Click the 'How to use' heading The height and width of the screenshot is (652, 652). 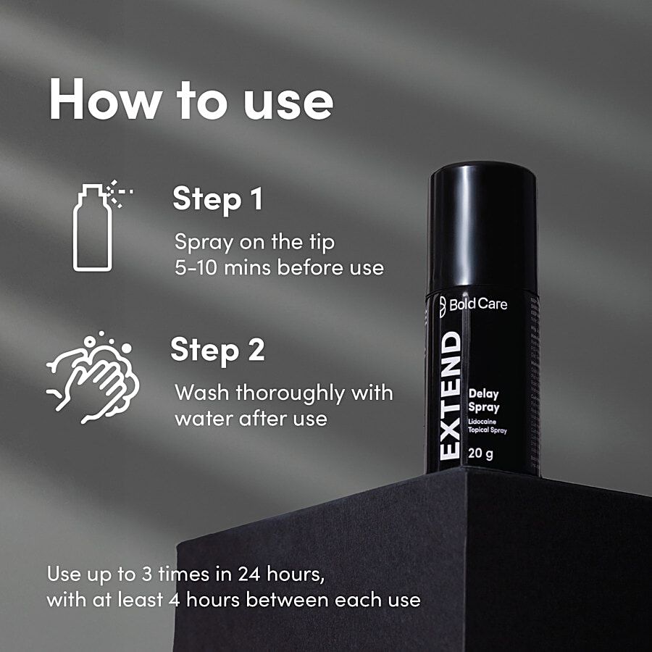[x=191, y=100]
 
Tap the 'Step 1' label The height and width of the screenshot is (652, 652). [x=218, y=200]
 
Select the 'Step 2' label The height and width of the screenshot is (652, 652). [x=217, y=351]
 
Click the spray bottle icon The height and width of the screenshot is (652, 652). [x=102, y=226]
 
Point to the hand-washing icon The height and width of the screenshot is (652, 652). [x=93, y=377]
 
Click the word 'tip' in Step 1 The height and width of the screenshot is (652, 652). [x=322, y=243]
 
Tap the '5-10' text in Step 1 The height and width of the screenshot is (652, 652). [x=196, y=267]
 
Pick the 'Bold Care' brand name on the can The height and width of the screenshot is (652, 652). [x=478, y=304]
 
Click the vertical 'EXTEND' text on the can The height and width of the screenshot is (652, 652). [x=450, y=396]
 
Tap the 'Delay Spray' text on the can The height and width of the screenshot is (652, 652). [x=484, y=401]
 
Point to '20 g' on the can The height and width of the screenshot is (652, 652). [x=481, y=454]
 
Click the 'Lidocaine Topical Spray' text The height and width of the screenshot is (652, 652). [x=488, y=426]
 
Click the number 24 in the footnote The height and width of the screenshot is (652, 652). [x=249, y=574]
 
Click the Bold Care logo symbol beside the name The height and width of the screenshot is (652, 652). [x=443, y=306]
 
